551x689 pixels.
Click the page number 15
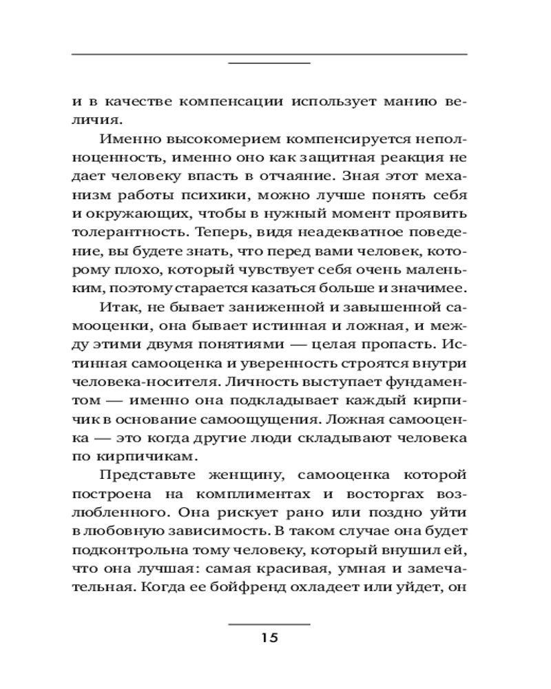(x=269, y=637)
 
